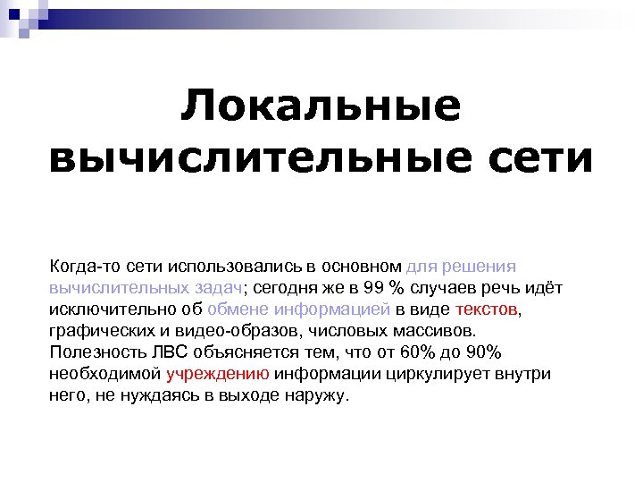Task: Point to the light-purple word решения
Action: (x=482, y=267)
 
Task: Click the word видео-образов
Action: (x=230, y=331)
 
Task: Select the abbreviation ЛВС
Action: (x=170, y=352)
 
